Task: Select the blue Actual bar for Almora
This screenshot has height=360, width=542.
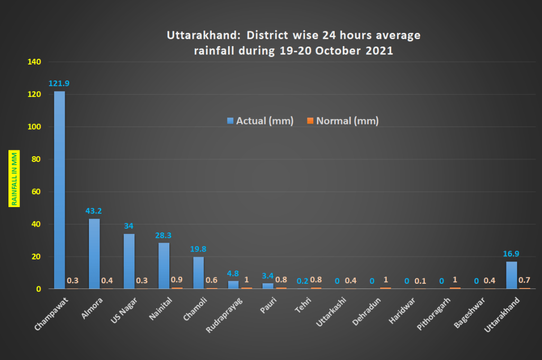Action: click(x=94, y=254)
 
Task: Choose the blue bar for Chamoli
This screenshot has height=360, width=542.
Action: click(x=198, y=273)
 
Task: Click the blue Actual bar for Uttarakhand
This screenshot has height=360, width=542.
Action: click(x=511, y=275)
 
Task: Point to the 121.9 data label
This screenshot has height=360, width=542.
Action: click(x=59, y=84)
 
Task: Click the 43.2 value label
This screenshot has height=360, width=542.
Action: click(x=94, y=211)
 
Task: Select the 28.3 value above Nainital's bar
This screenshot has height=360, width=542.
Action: click(x=164, y=235)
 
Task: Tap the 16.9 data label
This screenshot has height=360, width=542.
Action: click(x=511, y=254)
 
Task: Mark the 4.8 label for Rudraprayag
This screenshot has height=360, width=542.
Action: click(x=233, y=274)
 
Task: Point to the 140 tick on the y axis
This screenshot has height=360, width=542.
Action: click(x=34, y=62)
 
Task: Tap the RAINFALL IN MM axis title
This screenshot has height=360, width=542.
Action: click(x=15, y=178)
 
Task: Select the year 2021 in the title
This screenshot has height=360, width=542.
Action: click(x=381, y=51)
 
